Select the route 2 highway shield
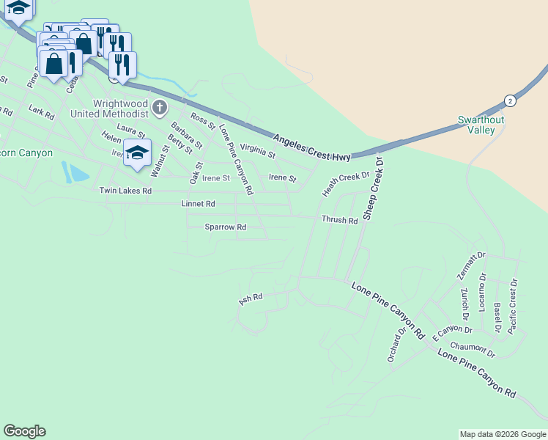509,100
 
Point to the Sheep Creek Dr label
374,188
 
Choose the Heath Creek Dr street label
347,184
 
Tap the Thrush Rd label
339,220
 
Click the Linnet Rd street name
198,203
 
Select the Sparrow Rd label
225,227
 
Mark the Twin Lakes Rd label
125,191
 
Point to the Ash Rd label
251,299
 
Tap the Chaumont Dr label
473,350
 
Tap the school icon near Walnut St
137,153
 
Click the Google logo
24,431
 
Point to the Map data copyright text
503,434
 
